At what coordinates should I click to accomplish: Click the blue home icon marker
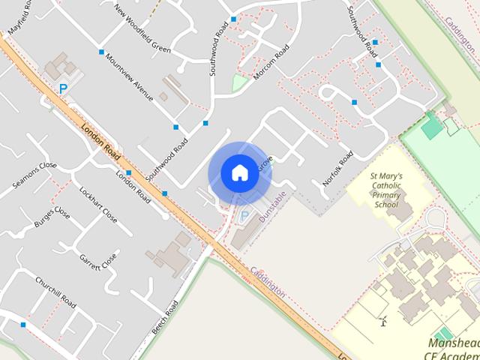pos(239,173)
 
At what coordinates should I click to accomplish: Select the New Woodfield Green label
pos(142,29)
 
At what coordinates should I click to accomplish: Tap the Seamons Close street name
pos(34,175)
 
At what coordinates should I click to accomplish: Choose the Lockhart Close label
pos(97,205)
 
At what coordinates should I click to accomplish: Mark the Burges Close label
pos(52,218)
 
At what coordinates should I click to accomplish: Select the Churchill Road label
pos(55,292)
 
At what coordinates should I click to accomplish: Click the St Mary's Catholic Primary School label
pos(387,190)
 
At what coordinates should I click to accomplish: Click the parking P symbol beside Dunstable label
pos(244,217)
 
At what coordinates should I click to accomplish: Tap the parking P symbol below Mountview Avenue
pos(64,88)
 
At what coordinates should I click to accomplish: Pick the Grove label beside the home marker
pos(265,164)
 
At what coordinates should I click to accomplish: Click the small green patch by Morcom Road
pos(239,82)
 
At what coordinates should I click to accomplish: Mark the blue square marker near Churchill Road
pos(23,325)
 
